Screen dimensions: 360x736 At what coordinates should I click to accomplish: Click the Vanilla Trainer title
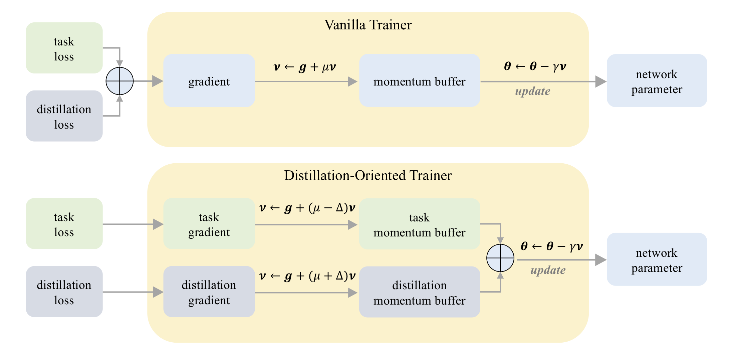368,25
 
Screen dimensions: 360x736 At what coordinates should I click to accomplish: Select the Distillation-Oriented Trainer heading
368,176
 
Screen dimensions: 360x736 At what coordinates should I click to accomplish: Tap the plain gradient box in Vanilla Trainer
209,81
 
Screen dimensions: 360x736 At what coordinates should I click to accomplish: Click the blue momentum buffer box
420,81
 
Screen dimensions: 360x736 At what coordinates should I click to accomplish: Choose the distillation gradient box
209,292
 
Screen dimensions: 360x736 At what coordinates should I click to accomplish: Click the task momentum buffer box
420,224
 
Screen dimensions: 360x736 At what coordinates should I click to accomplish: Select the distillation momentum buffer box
420,292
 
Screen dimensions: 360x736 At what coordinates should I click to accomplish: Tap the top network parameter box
657,81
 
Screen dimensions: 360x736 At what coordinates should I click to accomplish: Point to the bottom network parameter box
657,259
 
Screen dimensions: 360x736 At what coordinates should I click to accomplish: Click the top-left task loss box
64,48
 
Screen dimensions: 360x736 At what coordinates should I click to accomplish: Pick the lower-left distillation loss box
64,292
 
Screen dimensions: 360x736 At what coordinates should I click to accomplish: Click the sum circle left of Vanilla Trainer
119,81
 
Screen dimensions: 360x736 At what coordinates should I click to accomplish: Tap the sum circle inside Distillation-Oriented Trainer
500,258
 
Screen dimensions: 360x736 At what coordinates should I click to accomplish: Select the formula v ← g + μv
304,67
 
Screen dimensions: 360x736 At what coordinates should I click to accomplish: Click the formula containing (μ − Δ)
307,208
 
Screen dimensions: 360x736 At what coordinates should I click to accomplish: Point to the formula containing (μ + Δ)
307,276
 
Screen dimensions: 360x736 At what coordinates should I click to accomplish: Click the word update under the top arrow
532,91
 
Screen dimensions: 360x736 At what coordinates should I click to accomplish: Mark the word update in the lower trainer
548,270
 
